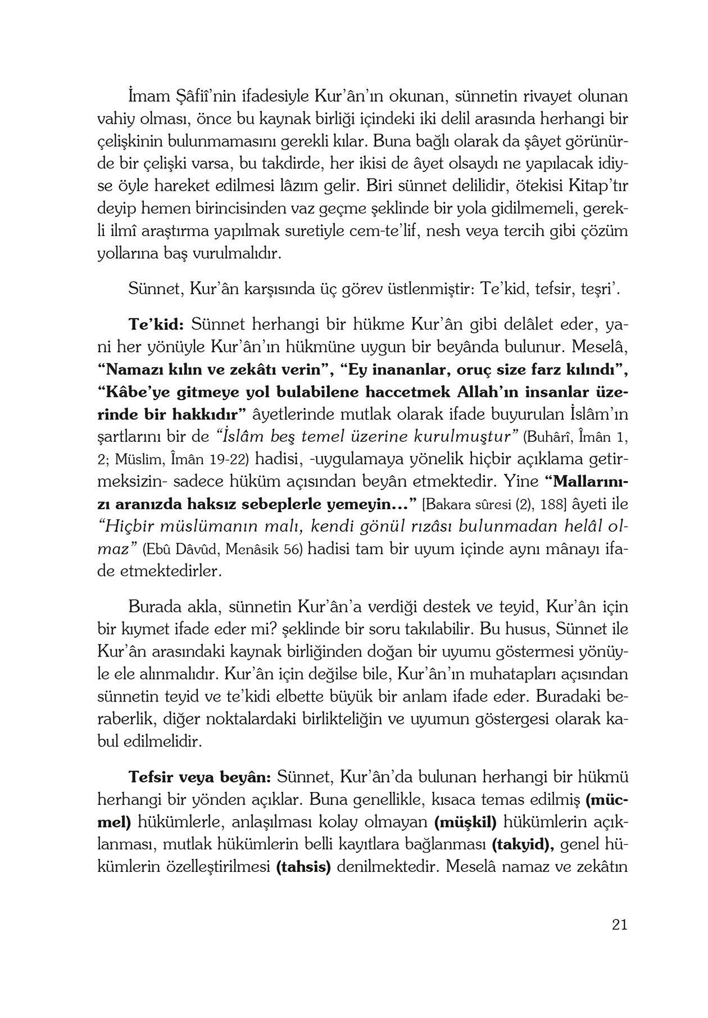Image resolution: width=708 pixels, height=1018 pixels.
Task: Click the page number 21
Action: click(619, 925)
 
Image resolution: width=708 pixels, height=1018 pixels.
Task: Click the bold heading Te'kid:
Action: click(156, 325)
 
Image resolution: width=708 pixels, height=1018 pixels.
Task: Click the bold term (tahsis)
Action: click(303, 867)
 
